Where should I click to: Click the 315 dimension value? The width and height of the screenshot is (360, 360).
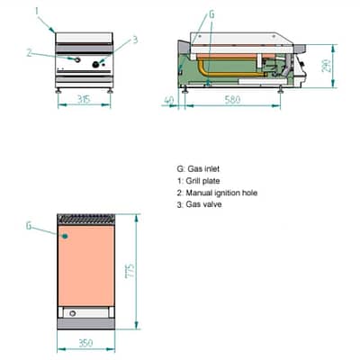point(84,99)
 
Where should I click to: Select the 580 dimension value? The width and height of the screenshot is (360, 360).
point(232,99)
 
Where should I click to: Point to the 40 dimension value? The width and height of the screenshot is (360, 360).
point(169,100)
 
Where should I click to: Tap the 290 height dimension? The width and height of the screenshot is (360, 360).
point(327,66)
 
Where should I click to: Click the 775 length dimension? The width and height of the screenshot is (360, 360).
point(130,271)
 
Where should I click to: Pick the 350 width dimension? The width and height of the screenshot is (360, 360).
point(85,343)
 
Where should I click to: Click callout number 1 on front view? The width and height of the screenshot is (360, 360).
point(37,12)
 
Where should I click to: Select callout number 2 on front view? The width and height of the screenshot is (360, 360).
point(29,53)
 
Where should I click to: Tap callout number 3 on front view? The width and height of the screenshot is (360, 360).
point(135,40)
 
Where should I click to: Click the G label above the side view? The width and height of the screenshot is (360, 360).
point(211,14)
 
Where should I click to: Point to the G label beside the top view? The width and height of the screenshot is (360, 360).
point(29,226)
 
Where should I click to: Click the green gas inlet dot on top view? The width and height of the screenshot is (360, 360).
point(65,237)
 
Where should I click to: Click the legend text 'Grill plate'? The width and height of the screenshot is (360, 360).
point(202,181)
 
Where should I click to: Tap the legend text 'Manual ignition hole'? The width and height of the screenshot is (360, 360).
point(221,193)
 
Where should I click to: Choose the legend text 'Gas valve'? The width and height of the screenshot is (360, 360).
point(203,204)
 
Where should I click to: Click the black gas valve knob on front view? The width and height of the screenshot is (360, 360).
point(96,64)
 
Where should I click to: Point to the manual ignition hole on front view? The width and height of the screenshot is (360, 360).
point(77,60)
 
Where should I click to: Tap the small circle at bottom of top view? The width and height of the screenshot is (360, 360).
point(72,313)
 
